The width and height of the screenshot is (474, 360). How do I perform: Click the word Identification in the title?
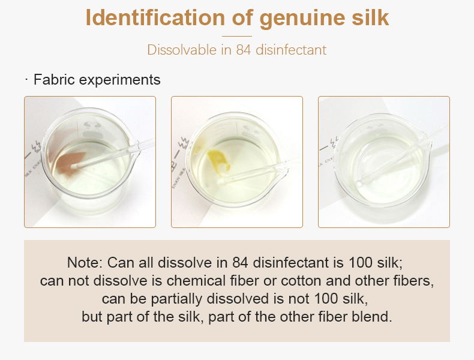pyautogui.click(x=155, y=17)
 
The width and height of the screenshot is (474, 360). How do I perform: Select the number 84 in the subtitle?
pyautogui.click(x=244, y=50)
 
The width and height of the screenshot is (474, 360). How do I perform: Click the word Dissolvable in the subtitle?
pyautogui.click(x=182, y=50)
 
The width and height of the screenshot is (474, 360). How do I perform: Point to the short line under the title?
pyautogui.click(x=237, y=36)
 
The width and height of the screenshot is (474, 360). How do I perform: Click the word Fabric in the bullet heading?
pyautogui.click(x=54, y=80)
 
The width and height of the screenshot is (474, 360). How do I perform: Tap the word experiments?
pyautogui.click(x=120, y=80)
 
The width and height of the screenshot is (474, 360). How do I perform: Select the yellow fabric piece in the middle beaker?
pyautogui.click(x=218, y=162)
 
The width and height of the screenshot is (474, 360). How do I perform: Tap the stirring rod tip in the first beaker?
pyautogui.click(x=74, y=166)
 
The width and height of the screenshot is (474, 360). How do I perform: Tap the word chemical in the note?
pyautogui.click(x=196, y=281)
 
